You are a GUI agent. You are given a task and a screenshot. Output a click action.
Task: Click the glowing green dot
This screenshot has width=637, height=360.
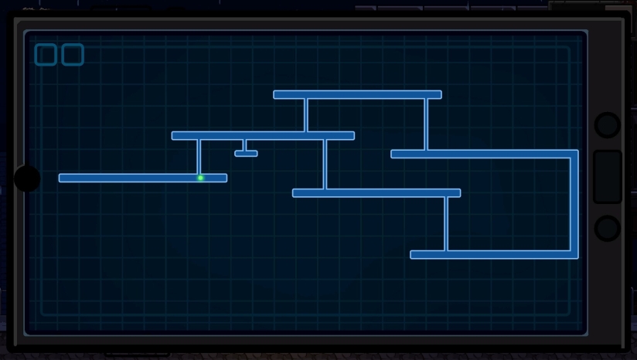point(200,178)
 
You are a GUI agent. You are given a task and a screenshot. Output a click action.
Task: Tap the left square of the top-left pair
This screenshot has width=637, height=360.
point(46,55)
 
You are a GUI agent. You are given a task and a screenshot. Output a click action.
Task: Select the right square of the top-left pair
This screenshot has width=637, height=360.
point(73,55)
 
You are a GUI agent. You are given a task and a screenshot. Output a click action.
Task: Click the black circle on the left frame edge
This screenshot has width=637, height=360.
point(27,178)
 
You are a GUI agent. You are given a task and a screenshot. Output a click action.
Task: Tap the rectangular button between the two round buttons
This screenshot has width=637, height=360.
point(608,177)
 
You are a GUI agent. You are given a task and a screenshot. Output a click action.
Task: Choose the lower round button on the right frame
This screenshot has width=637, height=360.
point(608,229)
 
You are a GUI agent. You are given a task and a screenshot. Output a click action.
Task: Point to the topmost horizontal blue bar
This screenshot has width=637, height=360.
point(357,95)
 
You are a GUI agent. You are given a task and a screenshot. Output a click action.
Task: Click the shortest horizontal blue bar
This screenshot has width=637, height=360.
point(246,154)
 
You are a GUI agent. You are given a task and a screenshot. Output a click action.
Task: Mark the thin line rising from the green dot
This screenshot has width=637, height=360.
point(199,157)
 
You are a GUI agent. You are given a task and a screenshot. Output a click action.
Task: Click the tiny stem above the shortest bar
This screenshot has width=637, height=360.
point(244,145)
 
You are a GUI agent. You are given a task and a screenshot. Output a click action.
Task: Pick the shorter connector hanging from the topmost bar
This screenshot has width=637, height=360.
point(306,115)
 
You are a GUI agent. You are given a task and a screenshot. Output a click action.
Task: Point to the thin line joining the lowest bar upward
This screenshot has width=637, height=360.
point(446,224)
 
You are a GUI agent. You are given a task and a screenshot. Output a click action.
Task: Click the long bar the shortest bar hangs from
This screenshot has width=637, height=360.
point(263,136)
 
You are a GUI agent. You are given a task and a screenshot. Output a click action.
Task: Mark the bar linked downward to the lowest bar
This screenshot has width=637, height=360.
point(376,193)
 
